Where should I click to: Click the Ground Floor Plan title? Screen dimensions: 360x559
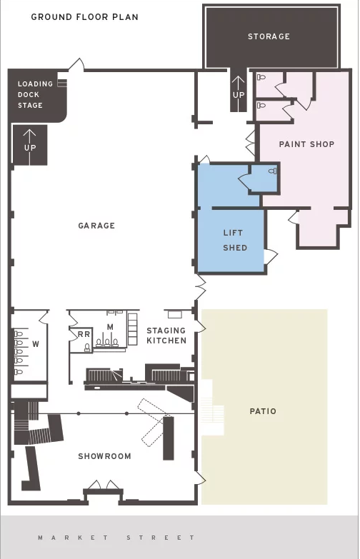[x=84, y=17]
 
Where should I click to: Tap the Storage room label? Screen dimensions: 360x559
[x=269, y=36]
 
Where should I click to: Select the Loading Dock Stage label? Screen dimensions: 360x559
[x=35, y=94]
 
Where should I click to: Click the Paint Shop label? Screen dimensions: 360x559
[x=307, y=144]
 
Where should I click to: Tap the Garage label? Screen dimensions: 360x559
[x=96, y=226]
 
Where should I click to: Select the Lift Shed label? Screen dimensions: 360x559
[x=235, y=241]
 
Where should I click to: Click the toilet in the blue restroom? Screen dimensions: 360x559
[x=273, y=171]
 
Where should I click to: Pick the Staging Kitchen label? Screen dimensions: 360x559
[x=166, y=336]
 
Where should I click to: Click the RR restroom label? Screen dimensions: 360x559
[x=84, y=334]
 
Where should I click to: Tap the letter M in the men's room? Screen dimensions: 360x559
[x=110, y=327]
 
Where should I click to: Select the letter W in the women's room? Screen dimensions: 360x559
[x=36, y=344]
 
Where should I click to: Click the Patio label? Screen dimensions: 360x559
[x=264, y=411]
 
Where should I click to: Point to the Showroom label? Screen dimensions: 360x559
[x=104, y=456]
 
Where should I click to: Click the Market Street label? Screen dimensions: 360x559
[x=116, y=538]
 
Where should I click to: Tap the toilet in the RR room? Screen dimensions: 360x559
[x=87, y=347]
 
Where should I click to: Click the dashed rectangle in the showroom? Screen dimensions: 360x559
[x=154, y=422]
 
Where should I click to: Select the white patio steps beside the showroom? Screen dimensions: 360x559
[x=212, y=407]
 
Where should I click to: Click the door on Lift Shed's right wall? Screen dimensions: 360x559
[x=271, y=256]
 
